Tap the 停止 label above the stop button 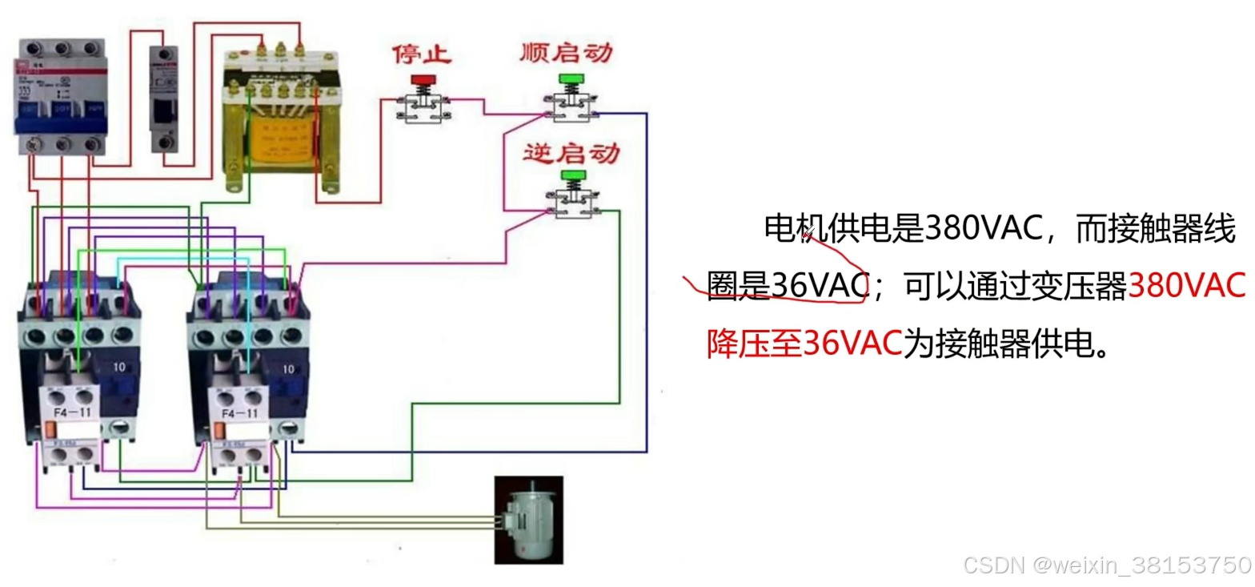[x=422, y=54]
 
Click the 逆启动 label [x=571, y=152]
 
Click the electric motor [x=527, y=518]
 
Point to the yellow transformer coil [x=280, y=144]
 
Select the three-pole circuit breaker [x=60, y=96]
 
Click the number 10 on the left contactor [x=119, y=369]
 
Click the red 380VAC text [x=1186, y=286]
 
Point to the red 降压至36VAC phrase [x=804, y=344]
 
